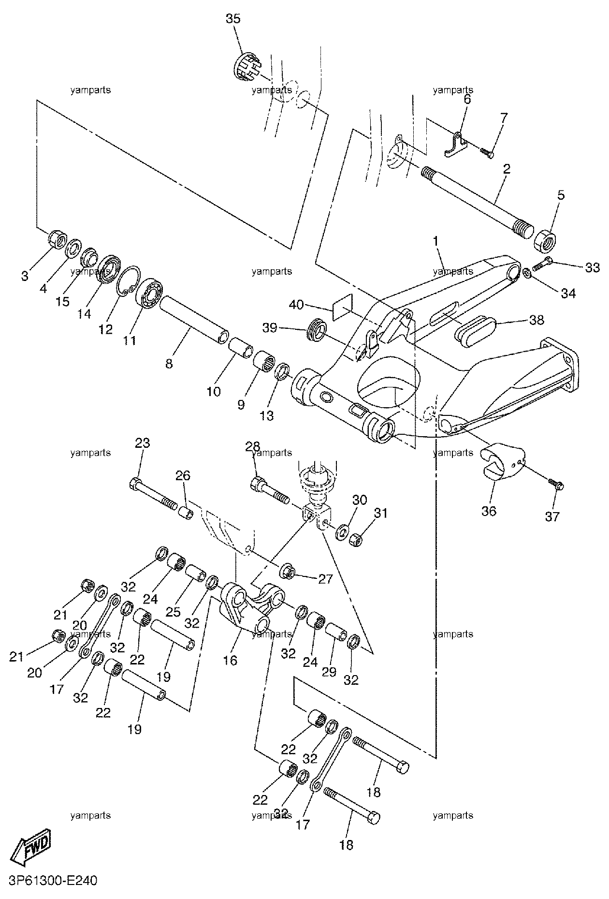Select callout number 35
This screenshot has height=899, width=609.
[x=233, y=19]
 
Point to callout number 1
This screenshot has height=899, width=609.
[x=435, y=240]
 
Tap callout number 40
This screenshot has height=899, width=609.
[x=296, y=305]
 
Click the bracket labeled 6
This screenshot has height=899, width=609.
[x=456, y=144]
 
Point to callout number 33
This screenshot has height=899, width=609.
[x=593, y=267]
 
